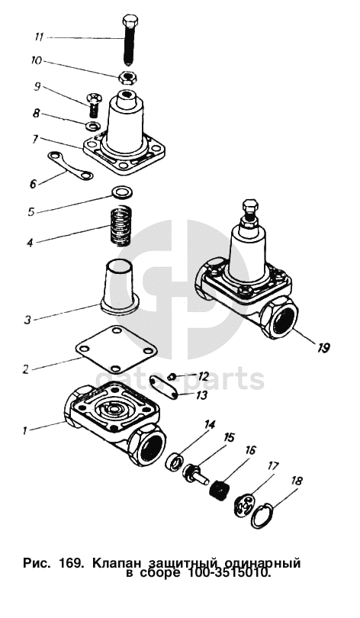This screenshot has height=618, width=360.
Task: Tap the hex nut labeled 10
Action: (x=127, y=76)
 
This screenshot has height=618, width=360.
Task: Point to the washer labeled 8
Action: (x=93, y=126)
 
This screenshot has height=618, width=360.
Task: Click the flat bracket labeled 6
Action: (x=69, y=166)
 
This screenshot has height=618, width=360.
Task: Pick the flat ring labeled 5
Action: (x=123, y=192)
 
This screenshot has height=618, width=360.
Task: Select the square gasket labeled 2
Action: (x=116, y=349)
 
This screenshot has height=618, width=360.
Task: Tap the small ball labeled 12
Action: (x=172, y=376)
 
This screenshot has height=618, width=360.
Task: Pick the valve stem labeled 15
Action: (x=196, y=473)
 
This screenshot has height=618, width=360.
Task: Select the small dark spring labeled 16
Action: (x=219, y=490)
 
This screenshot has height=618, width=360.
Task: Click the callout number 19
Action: (x=323, y=348)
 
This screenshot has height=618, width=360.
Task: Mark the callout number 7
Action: (x=34, y=139)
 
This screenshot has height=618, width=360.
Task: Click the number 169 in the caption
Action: (x=70, y=563)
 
